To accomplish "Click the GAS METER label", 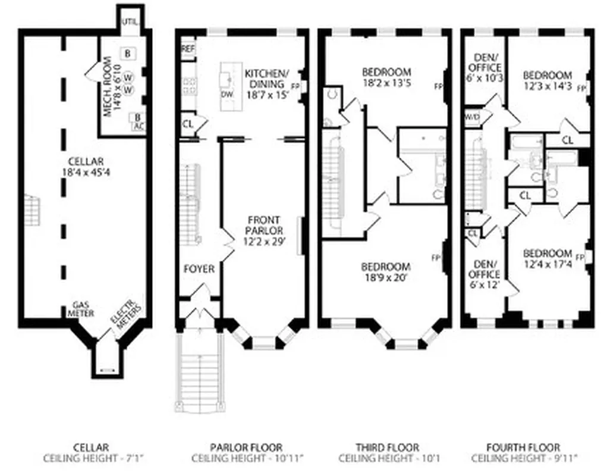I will pyautogui.click(x=80, y=309).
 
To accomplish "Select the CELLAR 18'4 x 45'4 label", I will pyautogui.click(x=86, y=166).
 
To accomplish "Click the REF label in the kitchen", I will pyautogui.click(x=188, y=48).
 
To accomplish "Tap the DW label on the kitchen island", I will pyautogui.click(x=227, y=94).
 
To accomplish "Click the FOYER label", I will pyautogui.click(x=199, y=269).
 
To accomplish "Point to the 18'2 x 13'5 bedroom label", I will pyautogui.click(x=386, y=78).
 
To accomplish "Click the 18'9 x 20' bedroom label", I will pyautogui.click(x=386, y=271).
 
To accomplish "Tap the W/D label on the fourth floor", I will pyautogui.click(x=472, y=115).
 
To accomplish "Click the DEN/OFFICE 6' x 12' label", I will pyautogui.click(x=486, y=274).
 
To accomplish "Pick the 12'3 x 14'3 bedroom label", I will pyautogui.click(x=548, y=80).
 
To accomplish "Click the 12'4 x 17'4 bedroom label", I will pyautogui.click(x=548, y=258).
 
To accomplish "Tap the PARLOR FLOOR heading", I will pyautogui.click(x=246, y=447).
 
